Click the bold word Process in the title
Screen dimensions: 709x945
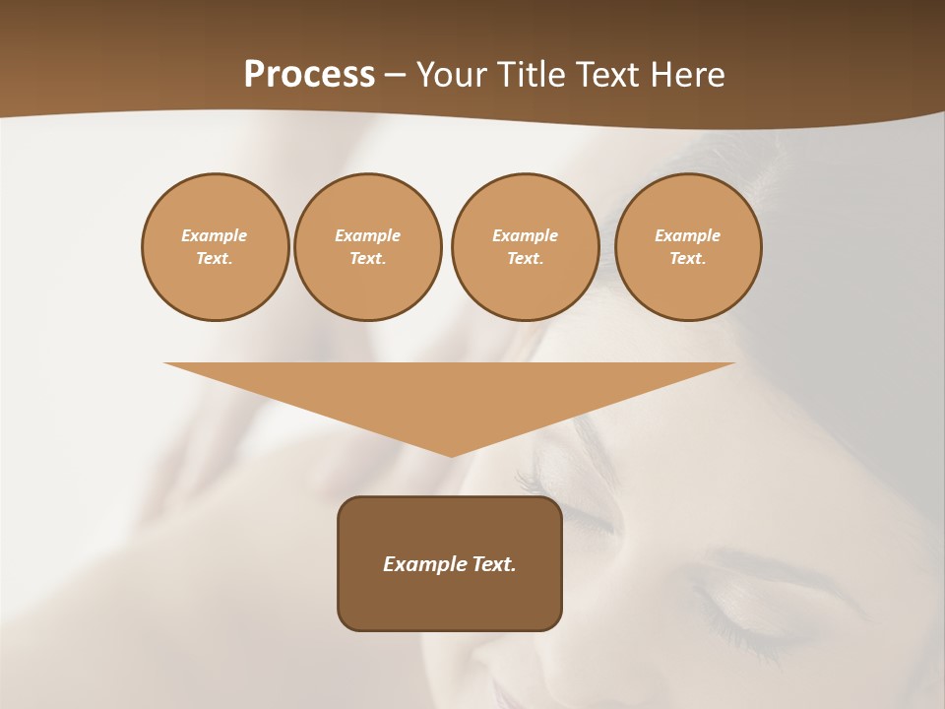click(x=309, y=75)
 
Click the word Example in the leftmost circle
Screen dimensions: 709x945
click(x=215, y=235)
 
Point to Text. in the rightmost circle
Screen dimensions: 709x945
click(x=688, y=258)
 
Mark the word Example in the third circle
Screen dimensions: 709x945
click(x=525, y=235)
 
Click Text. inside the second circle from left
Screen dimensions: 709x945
click(x=368, y=258)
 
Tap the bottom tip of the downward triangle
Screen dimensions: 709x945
click(x=451, y=455)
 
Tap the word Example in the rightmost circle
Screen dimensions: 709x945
click(x=688, y=235)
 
